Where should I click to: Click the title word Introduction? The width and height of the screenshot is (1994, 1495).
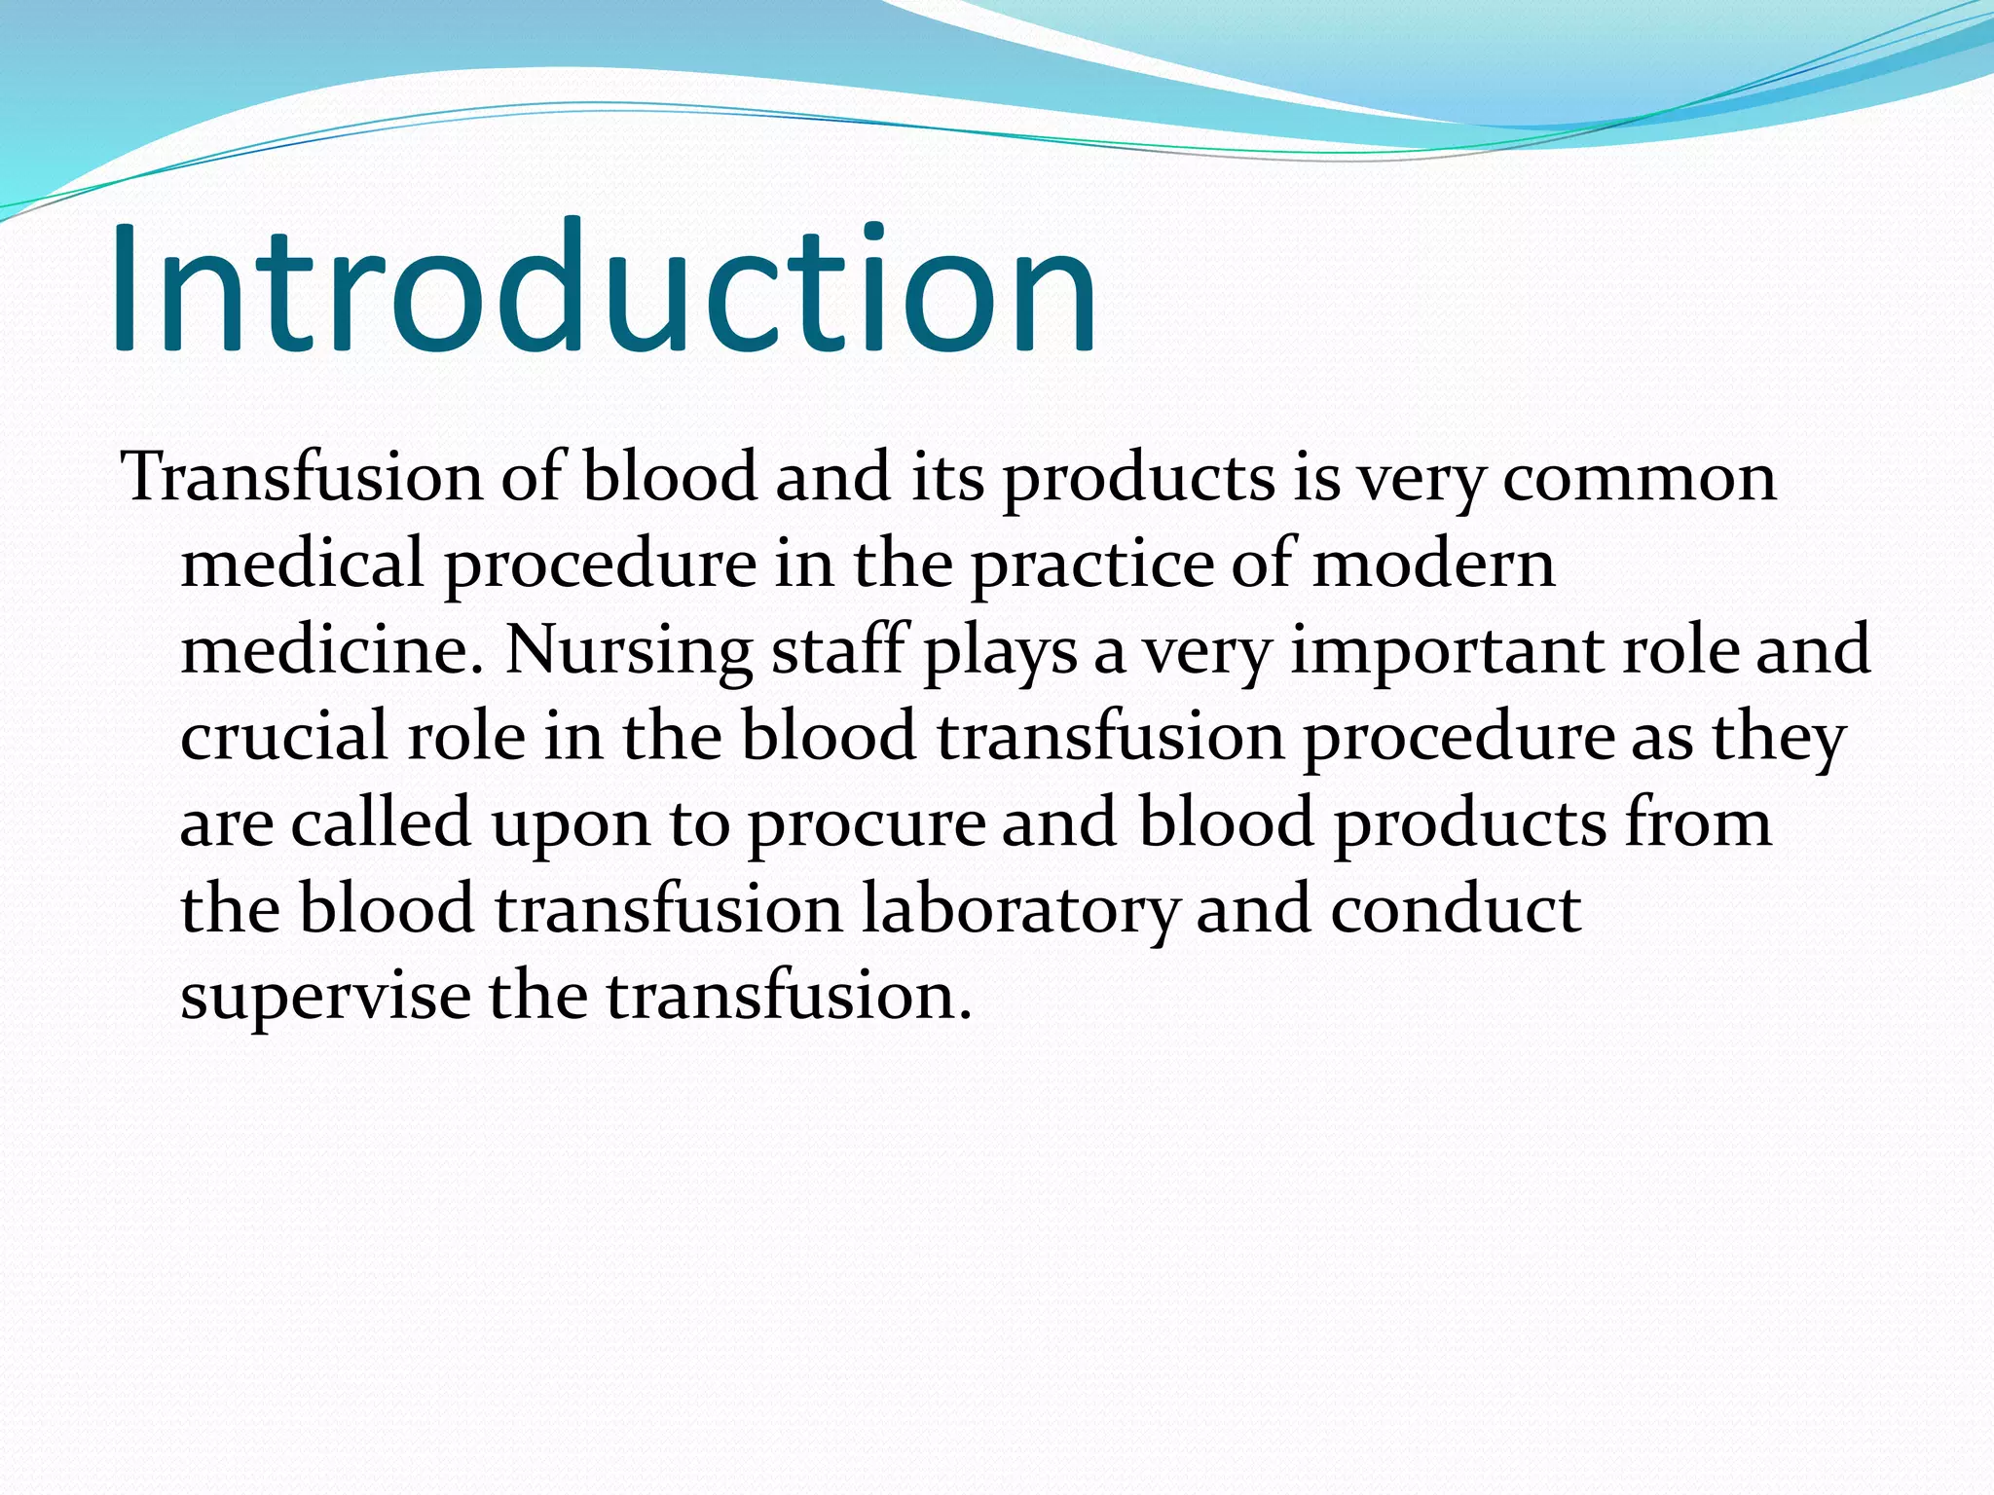pos(604,288)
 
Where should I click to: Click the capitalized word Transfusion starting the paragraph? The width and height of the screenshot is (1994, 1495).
pos(302,478)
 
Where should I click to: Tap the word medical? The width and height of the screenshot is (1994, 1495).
pos(303,565)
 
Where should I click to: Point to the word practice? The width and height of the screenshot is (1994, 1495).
pos(1091,565)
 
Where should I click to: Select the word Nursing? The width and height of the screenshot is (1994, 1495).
pos(629,650)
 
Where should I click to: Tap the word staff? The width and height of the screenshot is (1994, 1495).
pos(838,650)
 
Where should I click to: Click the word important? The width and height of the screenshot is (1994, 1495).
pos(1447,650)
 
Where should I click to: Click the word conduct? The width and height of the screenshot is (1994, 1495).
pos(1455,909)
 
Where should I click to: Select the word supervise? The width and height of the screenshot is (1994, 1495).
pos(325,997)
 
